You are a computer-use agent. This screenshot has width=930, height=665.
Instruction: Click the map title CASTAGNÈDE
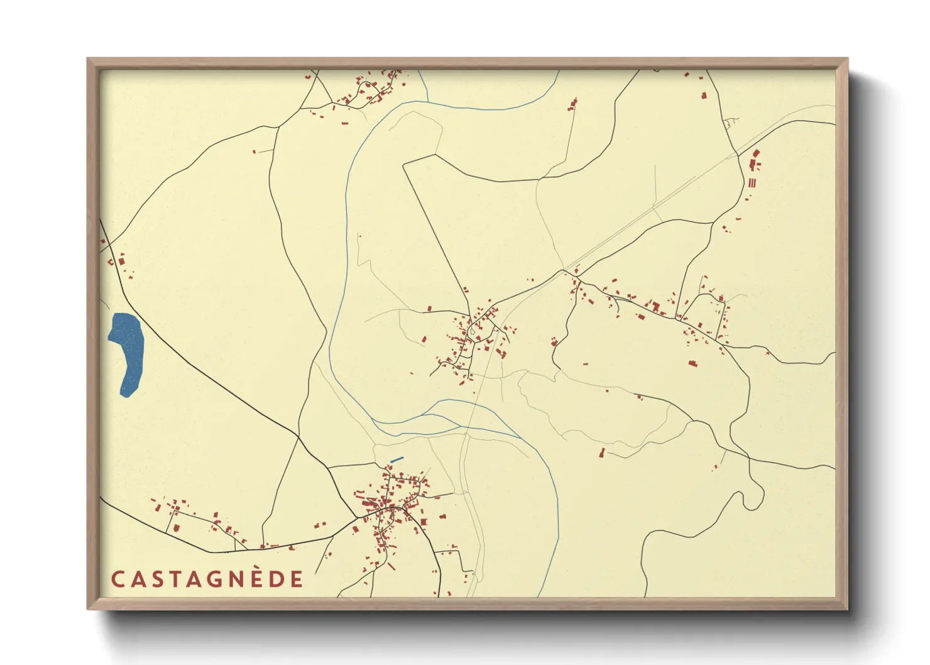[207, 579]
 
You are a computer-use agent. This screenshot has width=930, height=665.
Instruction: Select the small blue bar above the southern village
[397, 460]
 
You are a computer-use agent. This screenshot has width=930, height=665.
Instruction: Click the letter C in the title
[118, 580]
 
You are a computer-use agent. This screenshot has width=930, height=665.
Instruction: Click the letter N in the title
[234, 580]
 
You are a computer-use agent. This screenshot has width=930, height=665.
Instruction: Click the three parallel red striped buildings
[751, 183]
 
